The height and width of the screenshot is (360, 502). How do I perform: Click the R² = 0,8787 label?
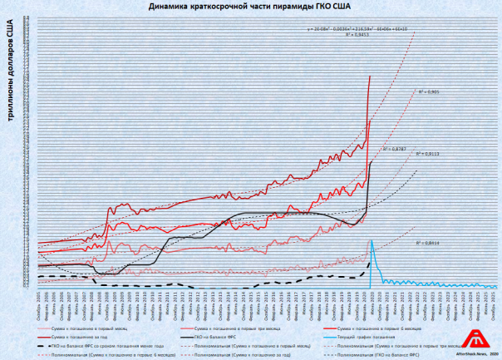[394, 148]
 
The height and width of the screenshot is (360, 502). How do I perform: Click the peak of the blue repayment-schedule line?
[372, 240]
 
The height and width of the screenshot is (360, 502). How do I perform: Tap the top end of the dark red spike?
[370, 76]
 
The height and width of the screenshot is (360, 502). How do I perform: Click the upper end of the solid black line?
[370, 161]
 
